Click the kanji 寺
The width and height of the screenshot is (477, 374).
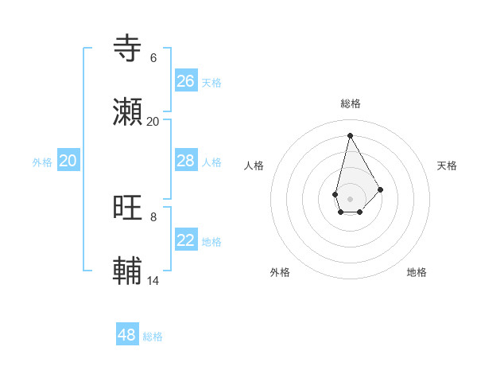point(128,49)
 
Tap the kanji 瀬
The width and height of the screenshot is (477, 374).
point(128,113)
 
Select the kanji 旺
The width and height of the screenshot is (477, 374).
point(128,208)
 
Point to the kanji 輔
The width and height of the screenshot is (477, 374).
point(128,272)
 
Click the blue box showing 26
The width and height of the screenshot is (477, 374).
point(186,81)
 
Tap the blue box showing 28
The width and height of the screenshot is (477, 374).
point(186,161)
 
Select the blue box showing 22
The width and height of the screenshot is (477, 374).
point(186,240)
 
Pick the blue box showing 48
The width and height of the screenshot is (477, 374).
point(127,335)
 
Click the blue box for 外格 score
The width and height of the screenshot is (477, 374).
point(68,161)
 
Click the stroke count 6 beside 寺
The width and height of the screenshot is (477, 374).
point(153,57)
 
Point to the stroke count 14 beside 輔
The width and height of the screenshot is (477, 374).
point(153,280)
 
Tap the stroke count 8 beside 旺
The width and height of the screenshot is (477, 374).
point(153,216)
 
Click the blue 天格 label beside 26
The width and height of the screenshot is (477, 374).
point(211,83)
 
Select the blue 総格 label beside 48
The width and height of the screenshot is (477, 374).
point(153,337)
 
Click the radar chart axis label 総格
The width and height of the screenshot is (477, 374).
point(351,103)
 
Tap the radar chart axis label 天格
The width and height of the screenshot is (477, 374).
point(448,166)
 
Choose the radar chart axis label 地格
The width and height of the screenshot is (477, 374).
point(417,272)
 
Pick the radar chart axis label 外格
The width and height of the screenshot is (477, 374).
point(280,272)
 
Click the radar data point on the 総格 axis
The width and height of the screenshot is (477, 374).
point(350,135)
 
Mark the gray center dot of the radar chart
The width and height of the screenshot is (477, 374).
point(350,198)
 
